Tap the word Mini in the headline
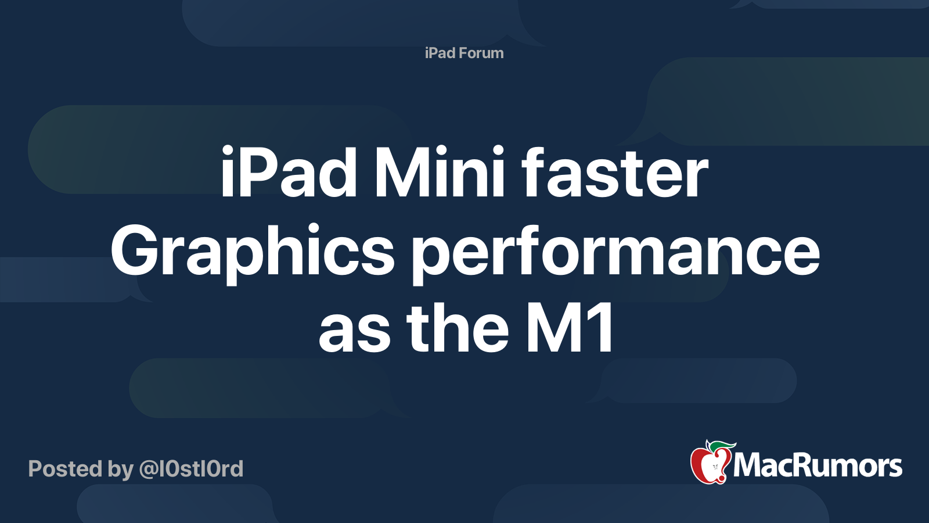[x=440, y=173]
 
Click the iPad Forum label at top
[x=464, y=53]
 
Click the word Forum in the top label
[x=481, y=53]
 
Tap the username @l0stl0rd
[x=190, y=469]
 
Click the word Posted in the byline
[x=65, y=469]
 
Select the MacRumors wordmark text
[x=818, y=465]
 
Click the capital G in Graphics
[x=135, y=251]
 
